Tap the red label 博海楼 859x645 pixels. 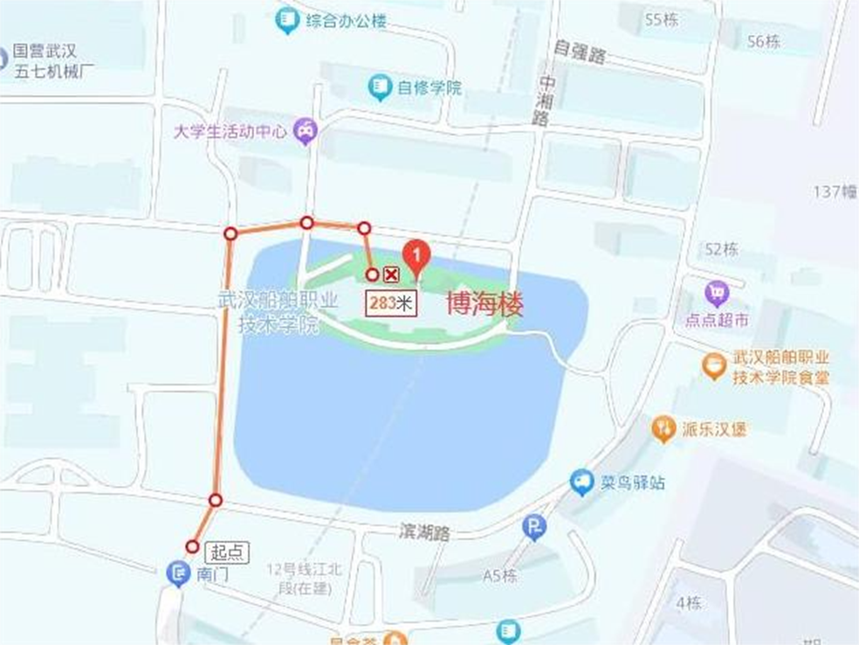[484, 305]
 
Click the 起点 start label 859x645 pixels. [227, 552]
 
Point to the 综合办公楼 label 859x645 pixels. [346, 21]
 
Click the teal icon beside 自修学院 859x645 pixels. [380, 87]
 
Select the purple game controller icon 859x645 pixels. [306, 131]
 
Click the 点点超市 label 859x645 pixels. [717, 320]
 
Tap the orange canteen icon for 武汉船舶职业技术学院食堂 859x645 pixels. [714, 366]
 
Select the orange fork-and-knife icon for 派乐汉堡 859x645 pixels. [664, 428]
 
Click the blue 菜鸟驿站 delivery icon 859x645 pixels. [581, 481]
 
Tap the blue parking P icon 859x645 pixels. [534, 527]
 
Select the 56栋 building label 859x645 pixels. [764, 41]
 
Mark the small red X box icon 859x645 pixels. [392, 275]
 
